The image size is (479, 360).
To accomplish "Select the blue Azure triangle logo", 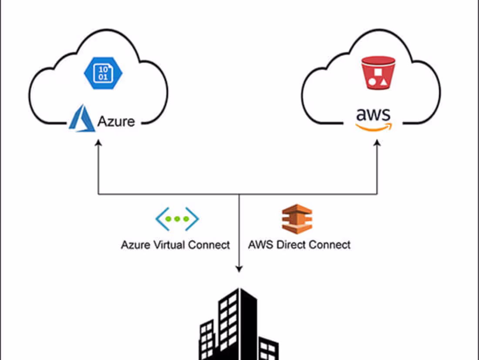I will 81,119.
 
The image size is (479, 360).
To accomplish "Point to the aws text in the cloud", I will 374,115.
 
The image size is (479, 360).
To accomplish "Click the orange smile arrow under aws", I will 374,126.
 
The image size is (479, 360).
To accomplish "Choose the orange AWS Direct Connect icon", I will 297,219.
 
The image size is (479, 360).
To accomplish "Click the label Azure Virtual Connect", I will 175,245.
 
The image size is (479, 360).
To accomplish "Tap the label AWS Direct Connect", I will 299,245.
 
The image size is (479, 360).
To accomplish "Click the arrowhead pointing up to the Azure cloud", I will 98,144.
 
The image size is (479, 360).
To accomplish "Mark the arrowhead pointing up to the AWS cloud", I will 377,144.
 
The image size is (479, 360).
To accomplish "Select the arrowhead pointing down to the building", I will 239,268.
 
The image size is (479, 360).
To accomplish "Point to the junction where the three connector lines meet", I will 239,194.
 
